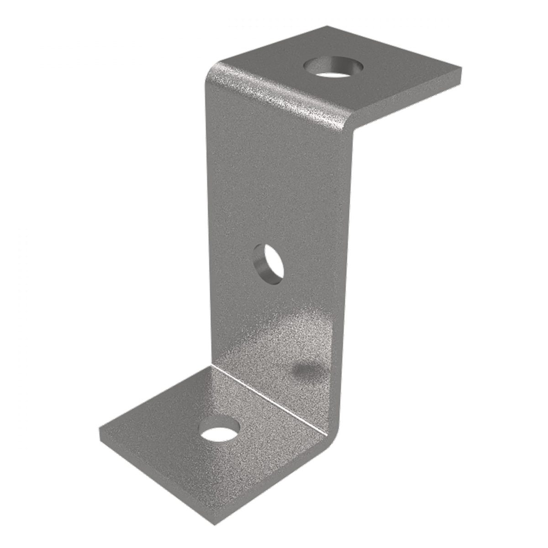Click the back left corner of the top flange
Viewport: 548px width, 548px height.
[x=327, y=26]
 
